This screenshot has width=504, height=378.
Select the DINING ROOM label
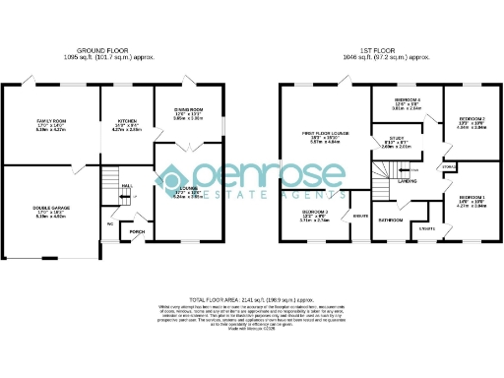[188, 109]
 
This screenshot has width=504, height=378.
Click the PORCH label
[137, 232]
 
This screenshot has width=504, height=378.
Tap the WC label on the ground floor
[111, 223]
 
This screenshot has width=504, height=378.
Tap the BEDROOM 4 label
[408, 99]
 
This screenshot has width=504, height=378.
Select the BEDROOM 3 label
[315, 212]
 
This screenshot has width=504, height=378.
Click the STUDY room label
[396, 138]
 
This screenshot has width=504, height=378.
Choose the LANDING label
[407, 181]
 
